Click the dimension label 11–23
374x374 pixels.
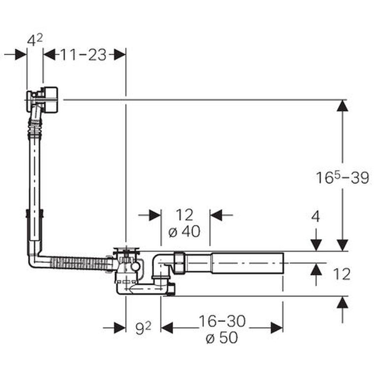[x=83, y=55]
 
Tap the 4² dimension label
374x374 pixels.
[x=35, y=40]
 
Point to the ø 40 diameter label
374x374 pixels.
[x=185, y=231]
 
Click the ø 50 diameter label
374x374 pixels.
[x=222, y=337]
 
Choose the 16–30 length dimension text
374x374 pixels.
[x=222, y=321]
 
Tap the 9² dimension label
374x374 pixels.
[x=143, y=328]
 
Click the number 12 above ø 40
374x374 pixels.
[x=185, y=215]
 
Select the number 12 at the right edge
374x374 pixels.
[x=342, y=274]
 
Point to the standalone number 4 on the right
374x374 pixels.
[x=315, y=217]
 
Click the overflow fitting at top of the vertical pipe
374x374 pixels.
[x=42, y=99]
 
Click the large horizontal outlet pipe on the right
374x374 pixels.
[x=248, y=263]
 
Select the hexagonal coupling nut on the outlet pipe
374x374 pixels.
[x=180, y=263]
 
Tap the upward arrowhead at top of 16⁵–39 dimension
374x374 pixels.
[x=343, y=106]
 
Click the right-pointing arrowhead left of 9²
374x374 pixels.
[x=120, y=328]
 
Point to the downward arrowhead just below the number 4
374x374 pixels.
[x=316, y=245]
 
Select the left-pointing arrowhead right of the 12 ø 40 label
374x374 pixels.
[x=216, y=215]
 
